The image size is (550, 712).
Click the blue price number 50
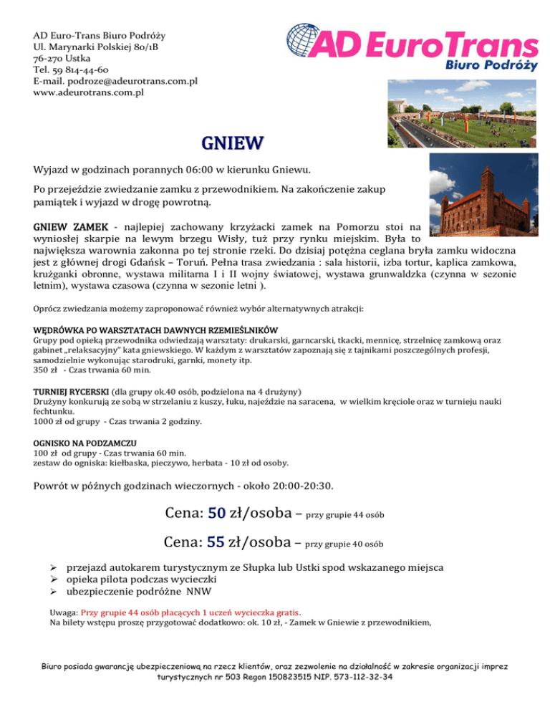pyautogui.click(x=217, y=512)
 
